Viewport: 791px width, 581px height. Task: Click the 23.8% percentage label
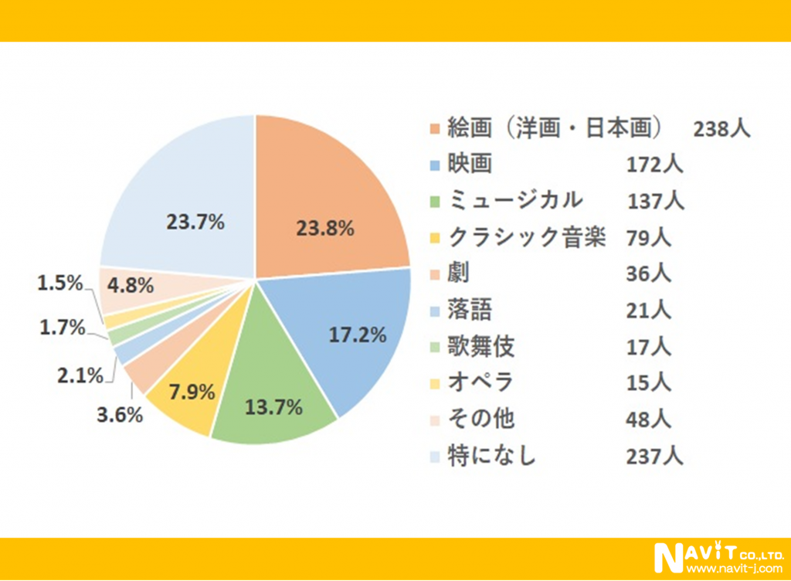[x=325, y=229]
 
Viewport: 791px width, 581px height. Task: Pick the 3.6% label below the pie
[x=121, y=414]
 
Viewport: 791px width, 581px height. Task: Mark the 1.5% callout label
[x=60, y=284]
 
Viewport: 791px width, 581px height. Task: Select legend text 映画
[x=469, y=165]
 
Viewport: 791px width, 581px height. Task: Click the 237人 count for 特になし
[x=654, y=456]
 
